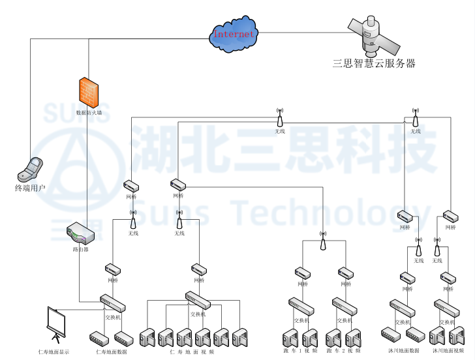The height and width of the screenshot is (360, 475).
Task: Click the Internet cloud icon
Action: (234, 34)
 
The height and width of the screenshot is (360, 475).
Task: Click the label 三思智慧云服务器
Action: (374, 64)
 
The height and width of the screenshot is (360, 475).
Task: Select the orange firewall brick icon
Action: (89, 93)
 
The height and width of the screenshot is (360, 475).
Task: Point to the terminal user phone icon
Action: (30, 169)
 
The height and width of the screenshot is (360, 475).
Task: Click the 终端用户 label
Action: (30, 188)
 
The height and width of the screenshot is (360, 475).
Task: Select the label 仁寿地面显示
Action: (54, 352)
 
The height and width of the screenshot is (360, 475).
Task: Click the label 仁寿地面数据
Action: (112, 352)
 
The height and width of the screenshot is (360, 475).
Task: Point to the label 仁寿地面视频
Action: (192, 352)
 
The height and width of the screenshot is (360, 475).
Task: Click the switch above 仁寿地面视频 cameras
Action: (198, 301)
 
